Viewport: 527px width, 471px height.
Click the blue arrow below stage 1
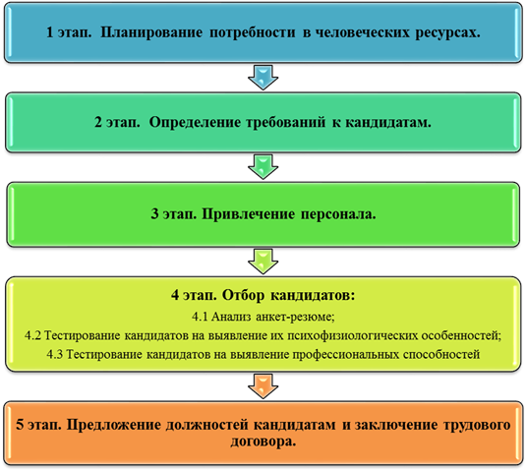263,78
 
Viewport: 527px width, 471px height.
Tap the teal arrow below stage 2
263,167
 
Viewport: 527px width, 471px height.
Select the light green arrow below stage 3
263,262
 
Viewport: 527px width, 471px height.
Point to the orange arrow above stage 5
263,386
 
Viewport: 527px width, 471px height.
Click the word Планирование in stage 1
151,32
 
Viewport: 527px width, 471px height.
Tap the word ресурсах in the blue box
447,33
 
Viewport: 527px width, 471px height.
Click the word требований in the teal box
286,122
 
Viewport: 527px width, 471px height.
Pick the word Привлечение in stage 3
248,214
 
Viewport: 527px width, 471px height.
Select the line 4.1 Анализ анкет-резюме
263,317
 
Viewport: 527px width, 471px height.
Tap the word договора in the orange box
263,442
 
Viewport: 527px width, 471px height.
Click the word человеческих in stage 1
363,32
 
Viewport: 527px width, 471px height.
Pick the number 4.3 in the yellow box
55,354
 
